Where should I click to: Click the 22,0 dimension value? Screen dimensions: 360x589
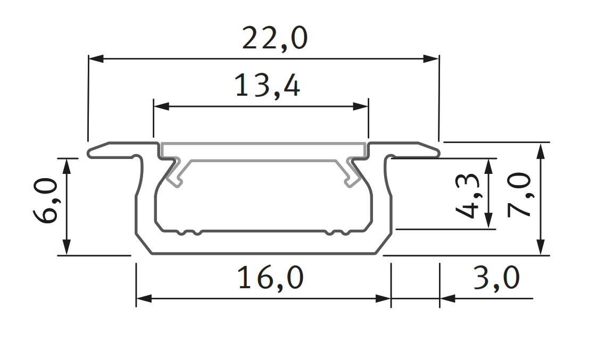pos(275,38)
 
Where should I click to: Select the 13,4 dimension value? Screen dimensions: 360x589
pos(267,86)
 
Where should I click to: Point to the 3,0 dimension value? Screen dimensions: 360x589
pos(495,278)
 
